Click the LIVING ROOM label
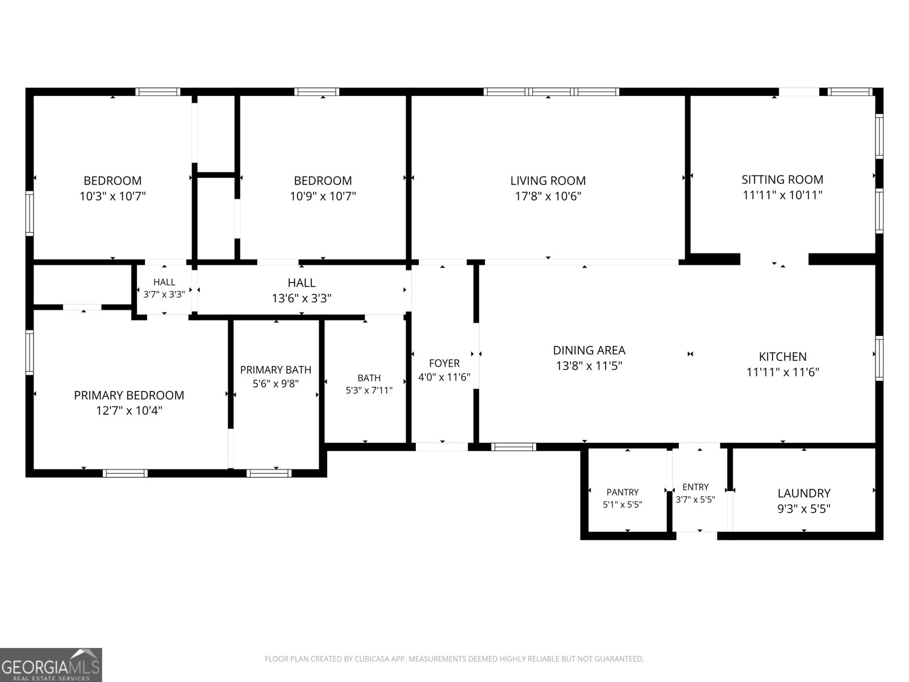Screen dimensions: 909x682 coord(548,181)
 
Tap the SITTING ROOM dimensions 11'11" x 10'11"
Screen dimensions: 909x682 coord(782,194)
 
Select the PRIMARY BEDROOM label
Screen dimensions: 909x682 coord(129,395)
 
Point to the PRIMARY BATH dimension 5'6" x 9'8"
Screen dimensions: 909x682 coord(276,384)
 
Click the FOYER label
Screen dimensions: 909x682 coord(444,363)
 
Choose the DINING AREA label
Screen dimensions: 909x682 coord(589,350)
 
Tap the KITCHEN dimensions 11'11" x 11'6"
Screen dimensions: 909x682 coord(782,372)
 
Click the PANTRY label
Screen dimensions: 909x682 coord(622,492)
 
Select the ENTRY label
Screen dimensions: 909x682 coord(695,487)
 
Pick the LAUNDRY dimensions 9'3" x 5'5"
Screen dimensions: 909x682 coord(804,509)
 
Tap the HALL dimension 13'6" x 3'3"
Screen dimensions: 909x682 coord(302,298)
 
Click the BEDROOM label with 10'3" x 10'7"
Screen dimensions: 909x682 coord(112,181)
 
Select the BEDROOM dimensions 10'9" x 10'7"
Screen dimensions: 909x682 coord(323,196)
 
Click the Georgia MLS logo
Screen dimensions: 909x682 coord(51,664)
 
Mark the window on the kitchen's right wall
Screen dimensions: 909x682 coord(879,358)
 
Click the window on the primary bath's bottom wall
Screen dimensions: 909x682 coord(269,473)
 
